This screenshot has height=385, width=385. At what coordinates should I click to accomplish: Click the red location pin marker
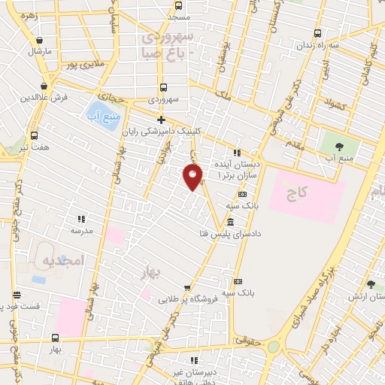point(193,177)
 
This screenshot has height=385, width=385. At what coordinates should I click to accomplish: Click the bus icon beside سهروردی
point(163,87)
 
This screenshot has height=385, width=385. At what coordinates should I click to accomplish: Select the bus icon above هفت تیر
point(34,136)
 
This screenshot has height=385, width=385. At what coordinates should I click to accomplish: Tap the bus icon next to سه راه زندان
point(317,33)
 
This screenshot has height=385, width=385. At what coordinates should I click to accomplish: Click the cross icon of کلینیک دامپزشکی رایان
point(161,120)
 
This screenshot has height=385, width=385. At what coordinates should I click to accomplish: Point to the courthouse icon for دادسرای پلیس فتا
point(229,223)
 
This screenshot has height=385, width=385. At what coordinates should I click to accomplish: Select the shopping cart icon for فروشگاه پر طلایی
point(187,287)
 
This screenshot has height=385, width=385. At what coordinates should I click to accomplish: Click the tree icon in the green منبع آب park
point(333,145)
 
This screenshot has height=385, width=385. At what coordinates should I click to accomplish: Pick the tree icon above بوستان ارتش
point(371,284)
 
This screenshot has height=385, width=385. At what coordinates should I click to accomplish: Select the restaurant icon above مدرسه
point(80,220)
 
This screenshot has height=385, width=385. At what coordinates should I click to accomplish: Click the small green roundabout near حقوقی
point(273,347)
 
